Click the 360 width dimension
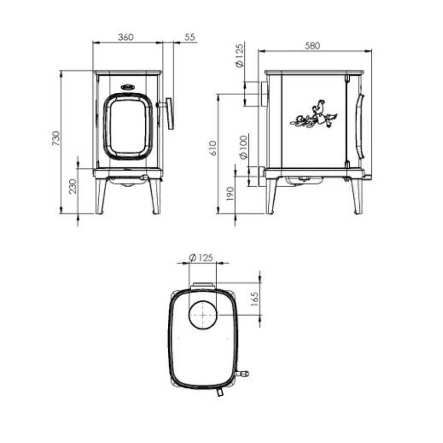click(126, 38)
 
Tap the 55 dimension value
click(189, 38)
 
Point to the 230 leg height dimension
click(73, 187)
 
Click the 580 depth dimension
click(312, 45)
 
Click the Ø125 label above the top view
click(201, 257)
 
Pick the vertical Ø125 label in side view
click(240, 56)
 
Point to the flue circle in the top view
click(203, 315)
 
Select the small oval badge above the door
click(127, 87)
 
